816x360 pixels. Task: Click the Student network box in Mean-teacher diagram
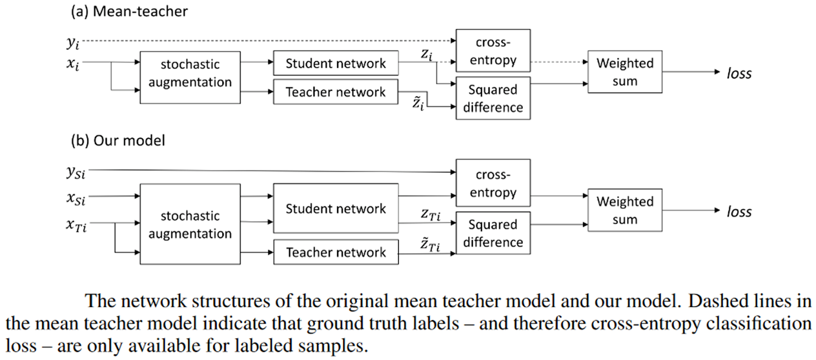tap(336, 63)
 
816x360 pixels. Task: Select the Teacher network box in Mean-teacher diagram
tap(336, 92)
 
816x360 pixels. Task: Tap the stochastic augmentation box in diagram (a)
tap(190, 78)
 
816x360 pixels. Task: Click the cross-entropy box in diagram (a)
tap(493, 50)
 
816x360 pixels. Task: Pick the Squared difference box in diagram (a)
tap(493, 98)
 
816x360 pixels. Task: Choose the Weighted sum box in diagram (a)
tap(625, 72)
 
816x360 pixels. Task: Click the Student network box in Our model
tap(336, 208)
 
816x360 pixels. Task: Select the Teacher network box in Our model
tap(336, 252)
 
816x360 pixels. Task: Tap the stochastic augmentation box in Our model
tap(190, 224)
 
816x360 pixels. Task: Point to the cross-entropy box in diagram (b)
tap(493, 183)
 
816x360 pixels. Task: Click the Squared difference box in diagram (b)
tap(493, 233)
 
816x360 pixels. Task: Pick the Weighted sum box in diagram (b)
tap(625, 210)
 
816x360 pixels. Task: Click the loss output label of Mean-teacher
tap(739, 73)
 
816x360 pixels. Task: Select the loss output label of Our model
tap(739, 212)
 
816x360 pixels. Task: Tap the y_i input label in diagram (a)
tap(73, 43)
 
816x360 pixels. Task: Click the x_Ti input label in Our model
tap(76, 225)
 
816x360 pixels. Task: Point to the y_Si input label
tap(76, 172)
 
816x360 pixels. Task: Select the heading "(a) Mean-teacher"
tap(129, 11)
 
